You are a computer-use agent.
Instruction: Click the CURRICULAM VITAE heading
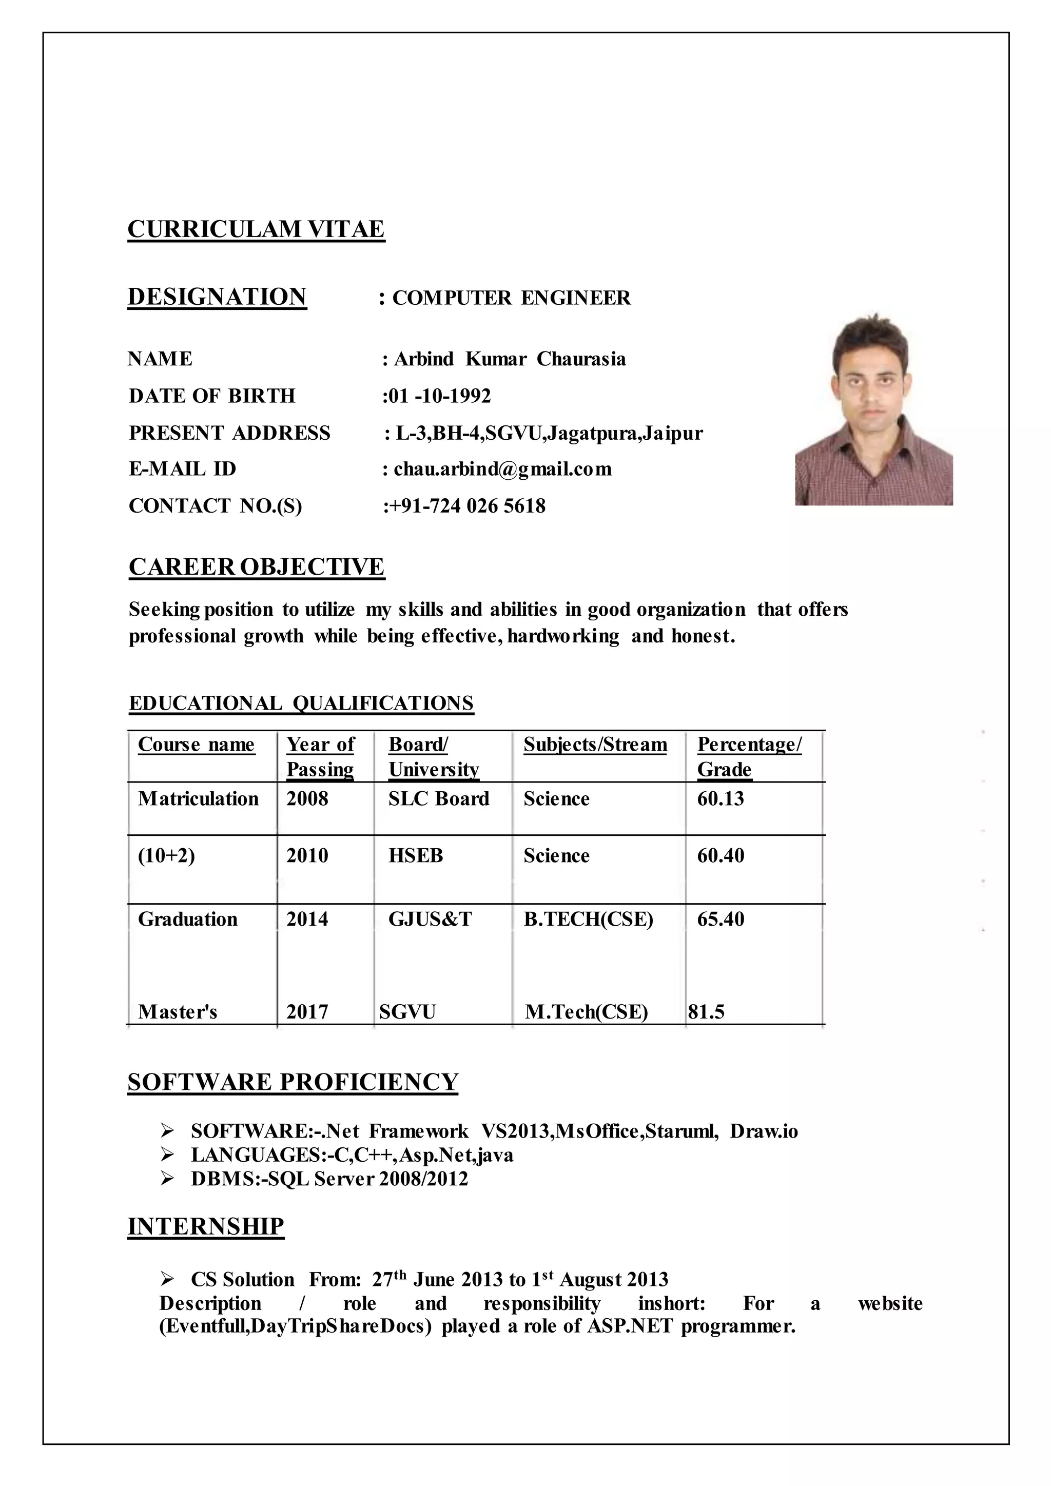coord(256,229)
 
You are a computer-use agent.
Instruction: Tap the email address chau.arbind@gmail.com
coord(502,469)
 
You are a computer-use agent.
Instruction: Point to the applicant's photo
coord(873,410)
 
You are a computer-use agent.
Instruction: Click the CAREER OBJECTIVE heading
coord(256,567)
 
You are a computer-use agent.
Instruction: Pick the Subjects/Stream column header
coord(595,745)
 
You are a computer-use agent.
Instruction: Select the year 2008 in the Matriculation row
coord(307,798)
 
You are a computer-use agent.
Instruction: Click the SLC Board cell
coord(439,798)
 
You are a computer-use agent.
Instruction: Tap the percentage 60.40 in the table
coord(721,855)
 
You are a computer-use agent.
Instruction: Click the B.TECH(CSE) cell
coord(588,919)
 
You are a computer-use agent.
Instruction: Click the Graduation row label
coord(188,919)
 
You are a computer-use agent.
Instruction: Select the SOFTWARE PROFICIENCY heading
coord(293,1082)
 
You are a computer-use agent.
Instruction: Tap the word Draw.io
coord(764,1131)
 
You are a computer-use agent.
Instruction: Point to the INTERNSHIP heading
coord(206,1226)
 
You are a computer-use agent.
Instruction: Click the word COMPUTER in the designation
coord(452,298)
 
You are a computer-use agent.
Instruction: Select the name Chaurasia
coord(581,359)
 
